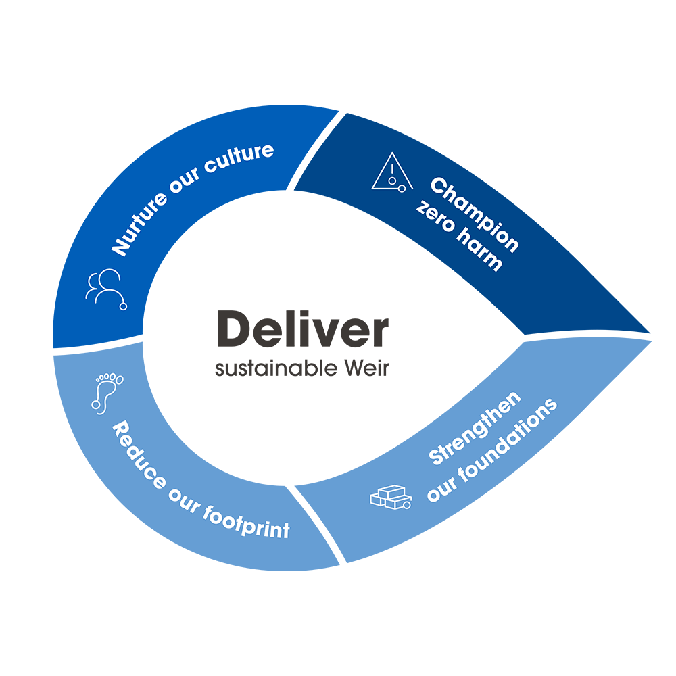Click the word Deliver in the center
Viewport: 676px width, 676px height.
(x=302, y=331)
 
